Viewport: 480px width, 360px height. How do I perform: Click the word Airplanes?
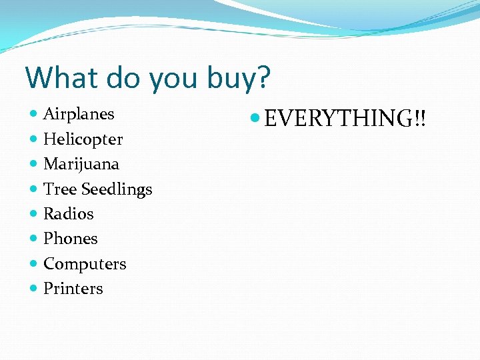pos(79,114)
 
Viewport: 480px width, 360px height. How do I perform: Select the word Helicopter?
pos(83,139)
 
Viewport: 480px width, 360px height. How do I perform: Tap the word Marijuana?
pos(81,164)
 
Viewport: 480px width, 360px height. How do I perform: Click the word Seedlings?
pos(117,190)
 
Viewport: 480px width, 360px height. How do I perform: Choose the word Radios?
pos(68,214)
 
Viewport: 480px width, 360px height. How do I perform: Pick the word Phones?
pos(70,239)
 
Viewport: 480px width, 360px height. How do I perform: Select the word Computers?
pos(85,264)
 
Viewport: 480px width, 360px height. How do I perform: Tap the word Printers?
pos(73,289)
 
